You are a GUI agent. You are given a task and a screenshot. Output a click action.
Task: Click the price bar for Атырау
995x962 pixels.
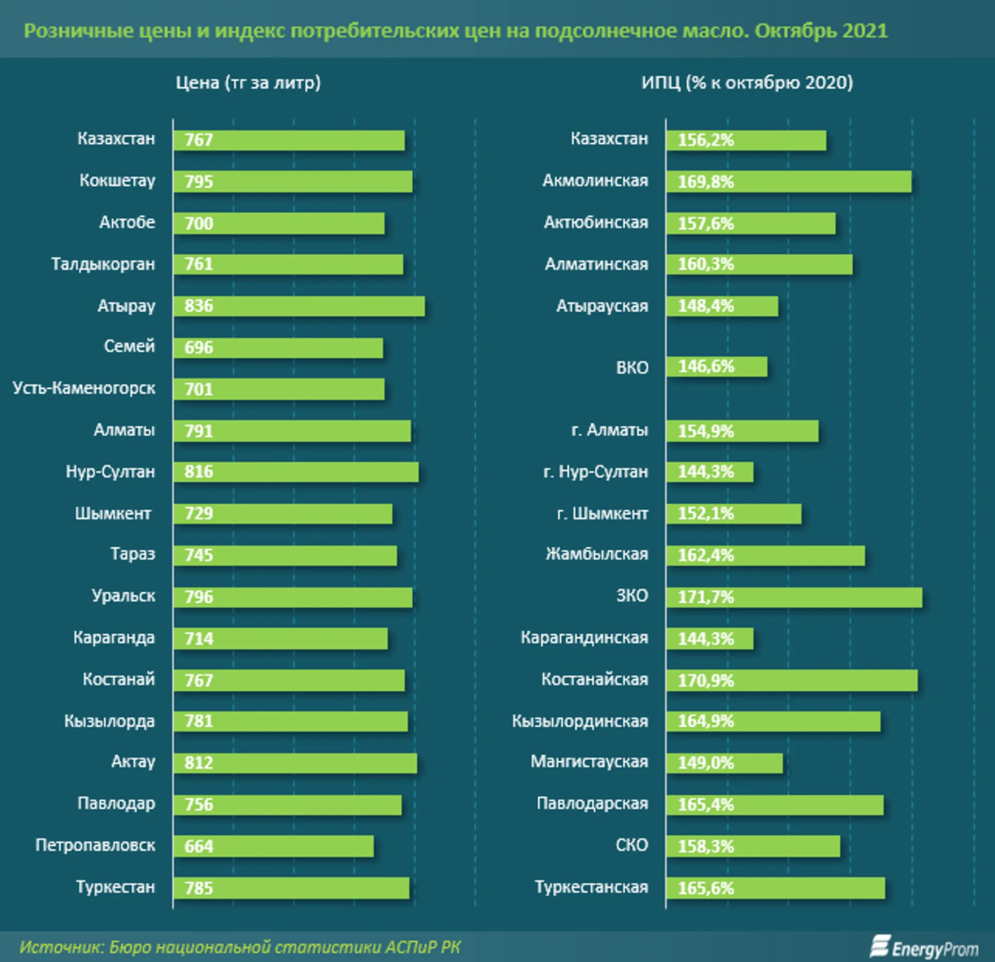(x=299, y=306)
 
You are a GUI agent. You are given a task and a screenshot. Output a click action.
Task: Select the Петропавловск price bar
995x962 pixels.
(x=274, y=846)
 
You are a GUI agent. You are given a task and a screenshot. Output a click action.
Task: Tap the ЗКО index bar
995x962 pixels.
(x=794, y=597)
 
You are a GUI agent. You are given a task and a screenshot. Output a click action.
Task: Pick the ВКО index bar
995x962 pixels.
(x=717, y=366)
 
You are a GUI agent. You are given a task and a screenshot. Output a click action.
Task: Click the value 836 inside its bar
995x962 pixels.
(x=199, y=306)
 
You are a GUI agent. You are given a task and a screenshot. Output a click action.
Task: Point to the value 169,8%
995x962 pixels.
(x=706, y=181)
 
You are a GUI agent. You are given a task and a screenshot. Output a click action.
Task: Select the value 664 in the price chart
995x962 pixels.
(x=199, y=846)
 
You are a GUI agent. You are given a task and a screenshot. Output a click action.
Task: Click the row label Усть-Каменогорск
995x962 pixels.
(x=84, y=388)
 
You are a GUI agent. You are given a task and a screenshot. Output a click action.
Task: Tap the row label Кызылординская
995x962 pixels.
(x=580, y=721)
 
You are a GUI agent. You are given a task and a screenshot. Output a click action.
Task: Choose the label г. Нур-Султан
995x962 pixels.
(x=596, y=472)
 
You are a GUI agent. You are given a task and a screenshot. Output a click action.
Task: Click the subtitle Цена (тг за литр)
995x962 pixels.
(x=248, y=83)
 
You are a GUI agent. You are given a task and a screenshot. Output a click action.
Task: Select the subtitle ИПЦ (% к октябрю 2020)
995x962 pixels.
(x=747, y=83)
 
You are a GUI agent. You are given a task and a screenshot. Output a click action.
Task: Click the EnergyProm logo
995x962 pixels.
(x=924, y=947)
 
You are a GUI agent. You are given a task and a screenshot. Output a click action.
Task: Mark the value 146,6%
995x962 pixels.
(x=706, y=366)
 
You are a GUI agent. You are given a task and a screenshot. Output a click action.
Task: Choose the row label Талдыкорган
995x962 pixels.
(x=103, y=264)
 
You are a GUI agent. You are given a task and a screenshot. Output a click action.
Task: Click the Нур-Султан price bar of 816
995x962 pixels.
(x=296, y=472)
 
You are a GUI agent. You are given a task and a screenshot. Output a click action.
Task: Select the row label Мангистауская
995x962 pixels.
(x=589, y=762)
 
